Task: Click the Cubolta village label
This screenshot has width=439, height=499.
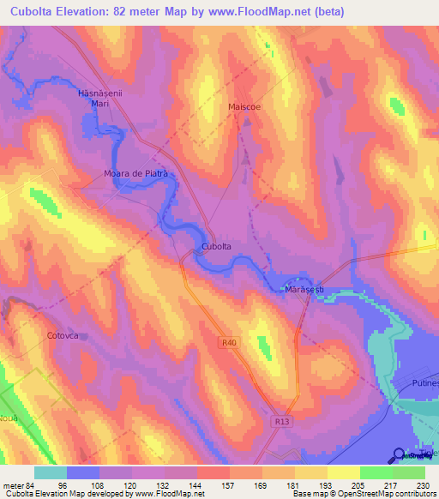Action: coord(216,247)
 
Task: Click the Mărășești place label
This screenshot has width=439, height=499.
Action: coord(304,291)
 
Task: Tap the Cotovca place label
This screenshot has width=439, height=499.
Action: coord(63,336)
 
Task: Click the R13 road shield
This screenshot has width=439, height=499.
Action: coord(284,422)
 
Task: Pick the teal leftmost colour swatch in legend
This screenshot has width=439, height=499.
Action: coord(51,472)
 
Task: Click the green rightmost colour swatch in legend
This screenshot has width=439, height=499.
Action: coord(409,472)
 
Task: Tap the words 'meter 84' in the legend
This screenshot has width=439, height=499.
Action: coord(19,484)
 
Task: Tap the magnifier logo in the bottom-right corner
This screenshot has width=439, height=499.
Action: coord(400,454)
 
